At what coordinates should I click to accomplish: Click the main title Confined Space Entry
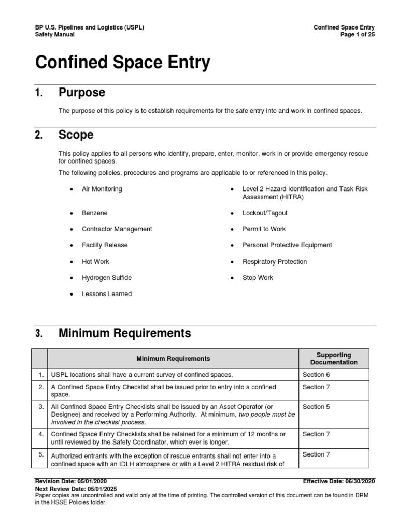click(122, 63)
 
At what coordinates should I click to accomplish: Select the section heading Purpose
click(81, 93)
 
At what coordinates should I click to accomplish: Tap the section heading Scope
click(76, 135)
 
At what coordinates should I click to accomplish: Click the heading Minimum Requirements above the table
click(124, 333)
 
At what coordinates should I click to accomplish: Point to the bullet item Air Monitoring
click(102, 189)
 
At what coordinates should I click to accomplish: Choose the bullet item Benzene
click(94, 213)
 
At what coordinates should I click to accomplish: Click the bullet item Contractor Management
click(117, 229)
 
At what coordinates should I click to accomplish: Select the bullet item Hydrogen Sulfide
click(106, 277)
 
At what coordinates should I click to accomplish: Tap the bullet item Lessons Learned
click(106, 293)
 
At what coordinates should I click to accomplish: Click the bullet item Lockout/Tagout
click(265, 213)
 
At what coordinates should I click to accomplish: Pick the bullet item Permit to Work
click(264, 229)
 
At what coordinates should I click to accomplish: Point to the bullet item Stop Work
click(258, 277)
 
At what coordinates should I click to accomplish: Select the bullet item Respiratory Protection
click(275, 261)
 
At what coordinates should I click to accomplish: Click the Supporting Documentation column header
click(334, 358)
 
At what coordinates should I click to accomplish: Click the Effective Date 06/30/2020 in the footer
click(338, 481)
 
